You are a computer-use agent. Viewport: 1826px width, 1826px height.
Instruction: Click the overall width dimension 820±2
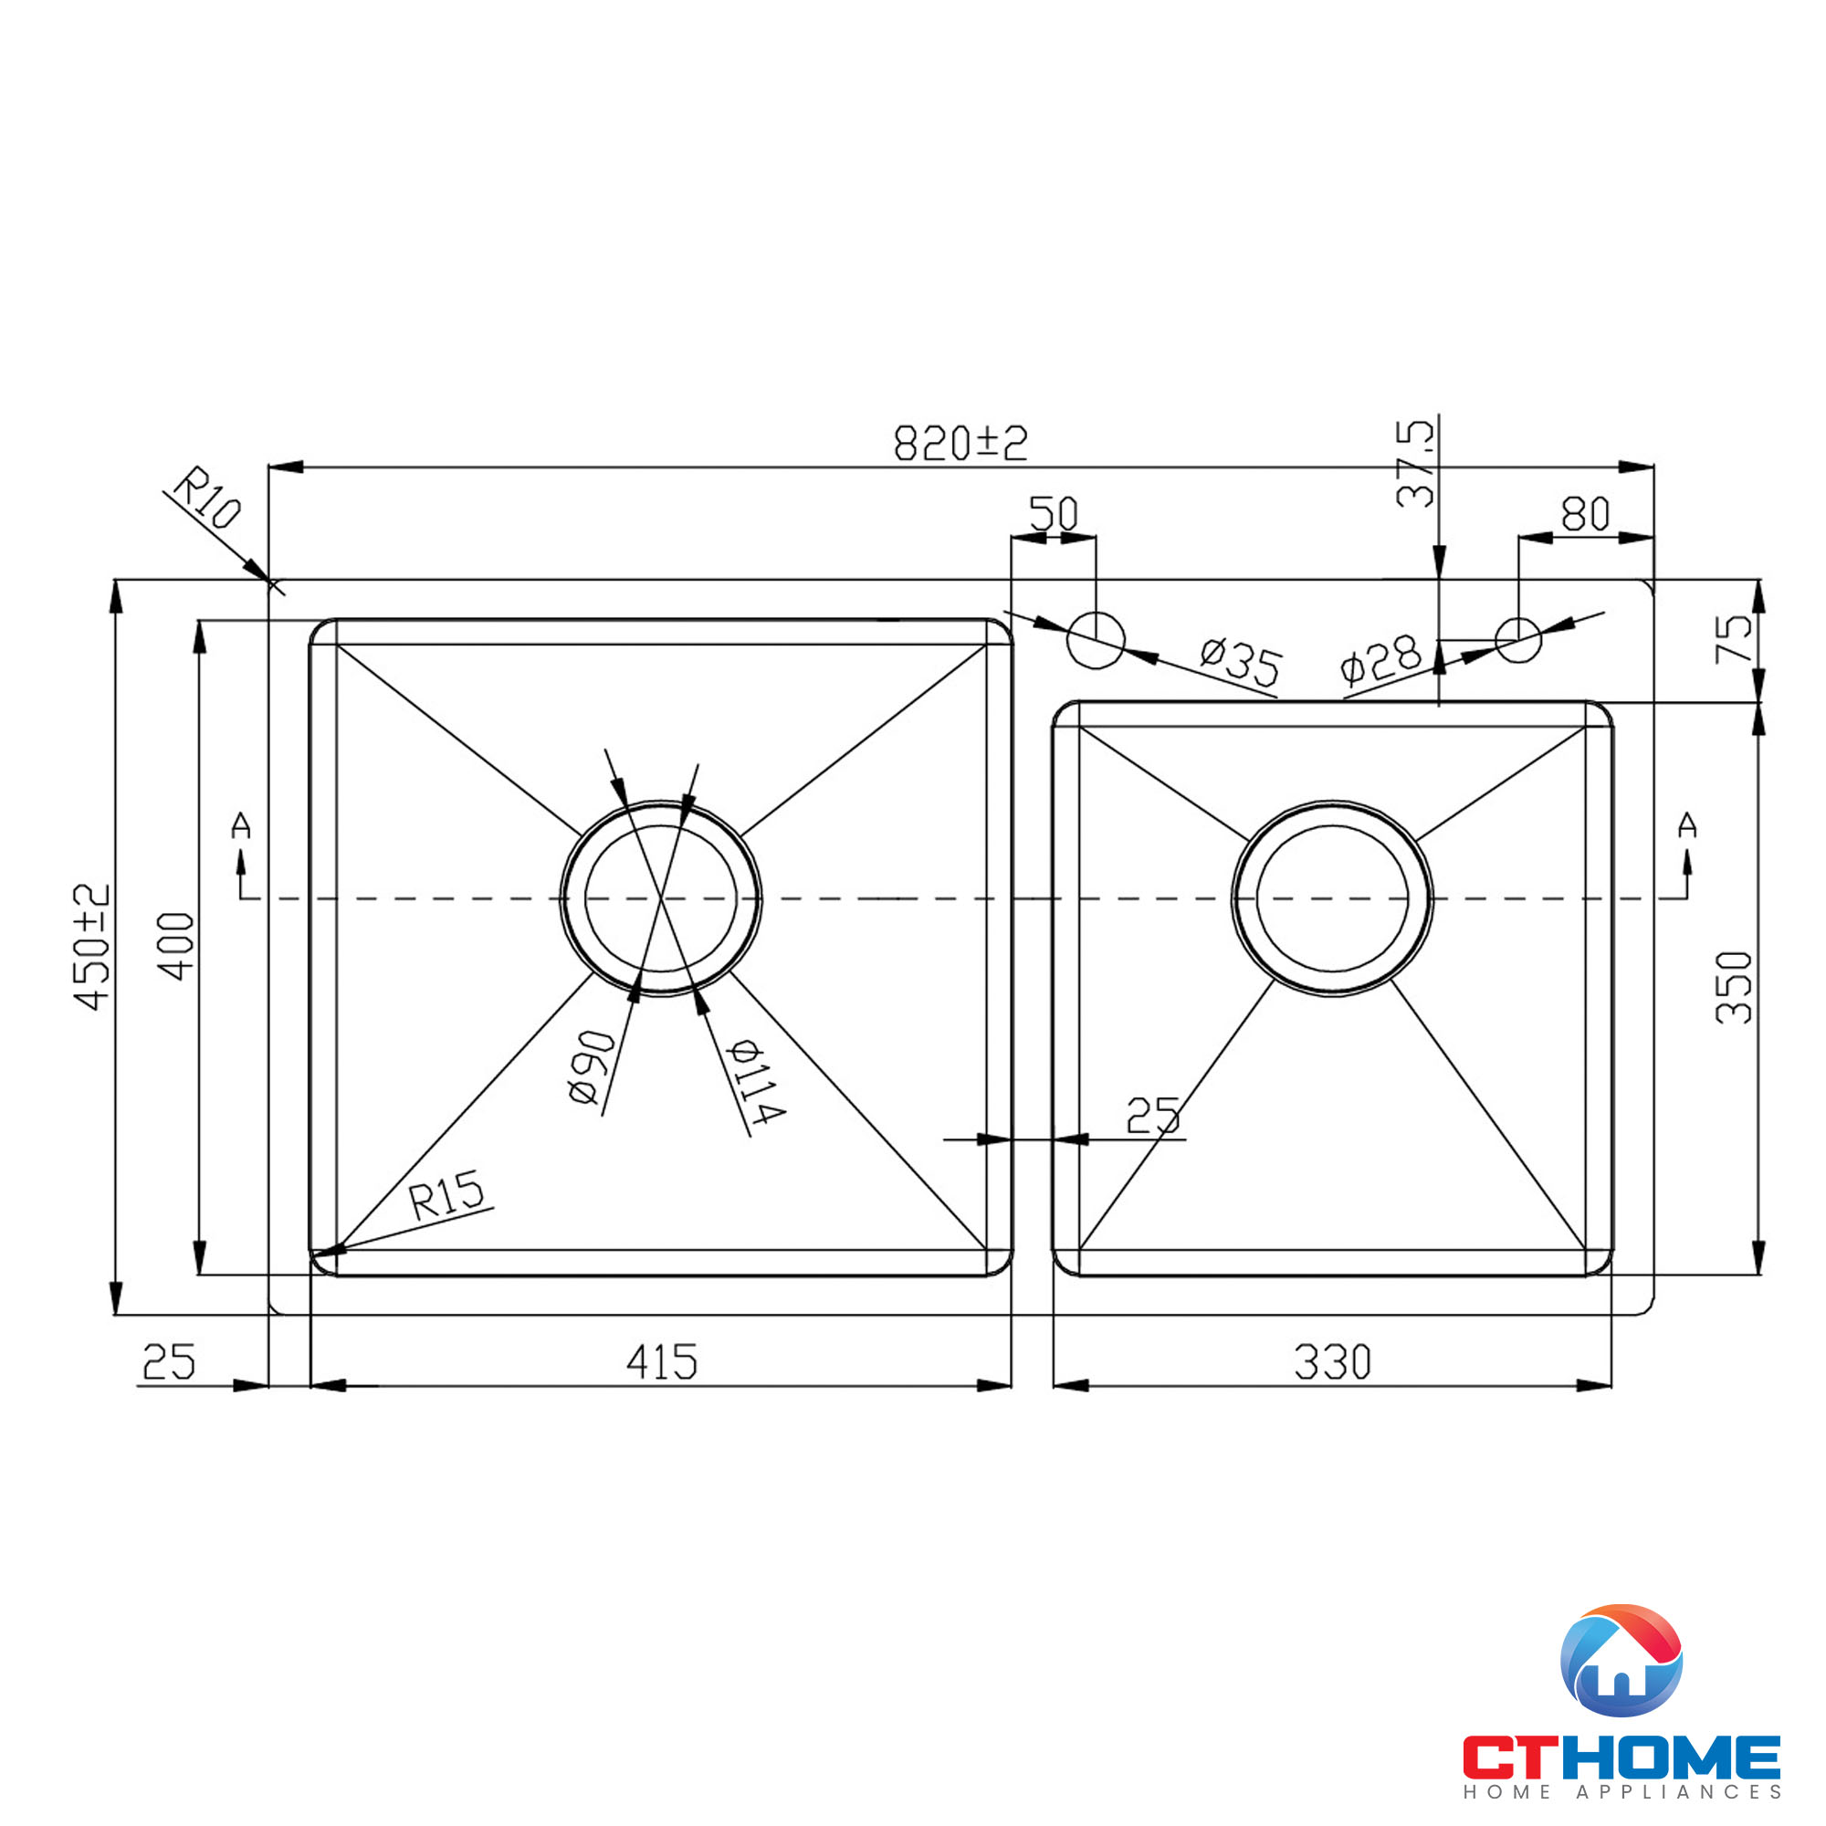[960, 442]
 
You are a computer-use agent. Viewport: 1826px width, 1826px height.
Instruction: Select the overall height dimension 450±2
[91, 947]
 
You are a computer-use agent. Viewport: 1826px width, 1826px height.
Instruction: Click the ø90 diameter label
[592, 1067]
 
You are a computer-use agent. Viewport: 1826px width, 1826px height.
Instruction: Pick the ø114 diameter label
[756, 1081]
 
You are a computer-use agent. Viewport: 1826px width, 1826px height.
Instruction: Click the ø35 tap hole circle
[1096, 640]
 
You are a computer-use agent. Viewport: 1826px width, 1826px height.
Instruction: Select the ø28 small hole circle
[1518, 640]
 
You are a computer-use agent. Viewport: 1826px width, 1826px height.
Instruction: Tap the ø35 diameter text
[1240, 662]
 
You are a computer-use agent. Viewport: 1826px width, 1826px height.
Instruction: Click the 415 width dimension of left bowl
[662, 1362]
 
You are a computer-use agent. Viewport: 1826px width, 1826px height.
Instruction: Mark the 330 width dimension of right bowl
[1332, 1362]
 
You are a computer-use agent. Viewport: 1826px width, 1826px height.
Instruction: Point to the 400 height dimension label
[176, 946]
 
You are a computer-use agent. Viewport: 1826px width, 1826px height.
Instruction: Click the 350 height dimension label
[1734, 988]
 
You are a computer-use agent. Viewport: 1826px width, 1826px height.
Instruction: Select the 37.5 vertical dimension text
[1414, 464]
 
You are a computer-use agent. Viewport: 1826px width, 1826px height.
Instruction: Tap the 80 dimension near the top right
[1585, 514]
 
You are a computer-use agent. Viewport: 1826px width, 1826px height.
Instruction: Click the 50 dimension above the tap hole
[1053, 514]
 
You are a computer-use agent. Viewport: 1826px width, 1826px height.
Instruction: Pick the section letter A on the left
[241, 826]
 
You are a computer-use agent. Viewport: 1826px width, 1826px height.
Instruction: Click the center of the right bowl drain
[1332, 897]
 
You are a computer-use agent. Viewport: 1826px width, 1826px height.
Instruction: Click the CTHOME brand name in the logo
[1621, 1757]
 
